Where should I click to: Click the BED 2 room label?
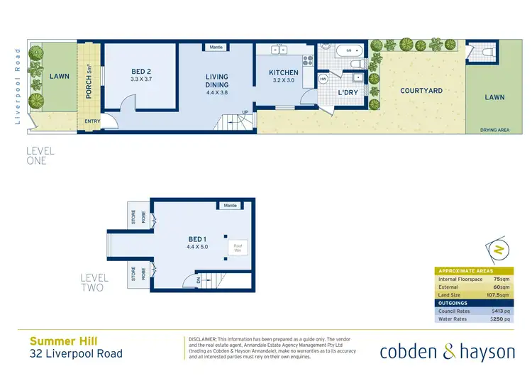[141, 72]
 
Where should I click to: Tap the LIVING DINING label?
[217, 81]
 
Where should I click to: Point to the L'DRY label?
[348, 93]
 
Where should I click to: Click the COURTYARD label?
[421, 91]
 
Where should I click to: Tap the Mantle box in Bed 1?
[229, 206]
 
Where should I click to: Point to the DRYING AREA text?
[494, 131]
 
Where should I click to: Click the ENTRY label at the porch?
[92, 121]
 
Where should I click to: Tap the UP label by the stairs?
[245, 112]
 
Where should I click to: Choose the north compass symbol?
[500, 250]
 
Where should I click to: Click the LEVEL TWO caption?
[92, 283]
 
